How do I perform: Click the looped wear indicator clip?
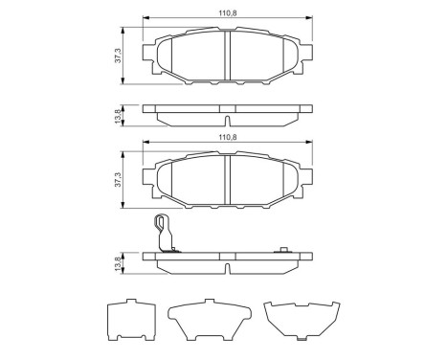(x=164, y=233)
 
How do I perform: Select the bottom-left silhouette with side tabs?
(x=129, y=321)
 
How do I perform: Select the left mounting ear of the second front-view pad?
(x=148, y=178)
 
